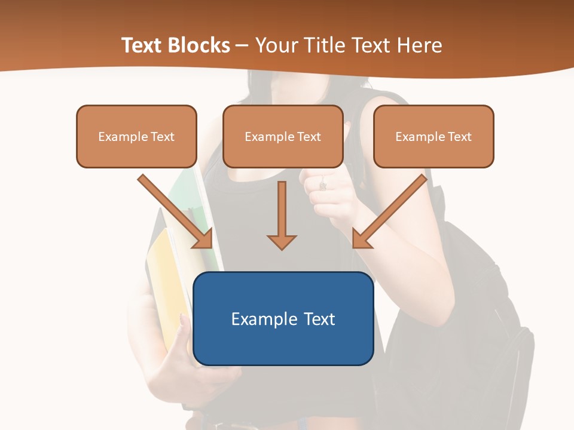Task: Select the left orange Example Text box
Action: coord(136,137)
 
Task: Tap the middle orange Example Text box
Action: coord(283,137)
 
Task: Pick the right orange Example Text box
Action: coord(433,137)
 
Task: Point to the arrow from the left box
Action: coord(176,212)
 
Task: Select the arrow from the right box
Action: coord(389,212)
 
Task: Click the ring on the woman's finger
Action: coord(323,186)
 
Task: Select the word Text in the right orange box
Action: coord(460,137)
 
